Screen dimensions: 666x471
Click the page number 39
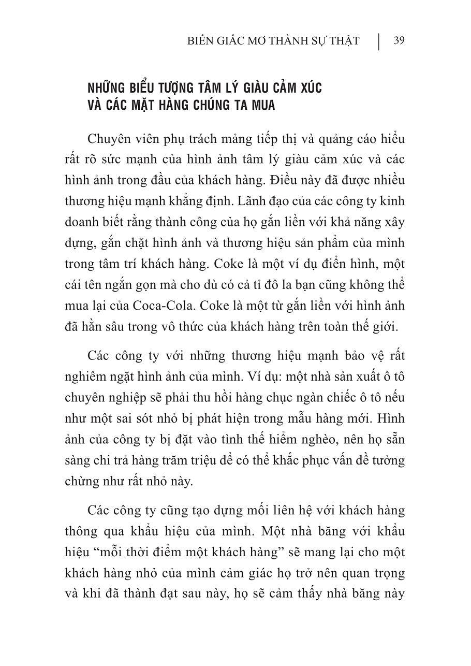(x=399, y=41)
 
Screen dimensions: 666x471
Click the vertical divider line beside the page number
(x=378, y=41)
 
